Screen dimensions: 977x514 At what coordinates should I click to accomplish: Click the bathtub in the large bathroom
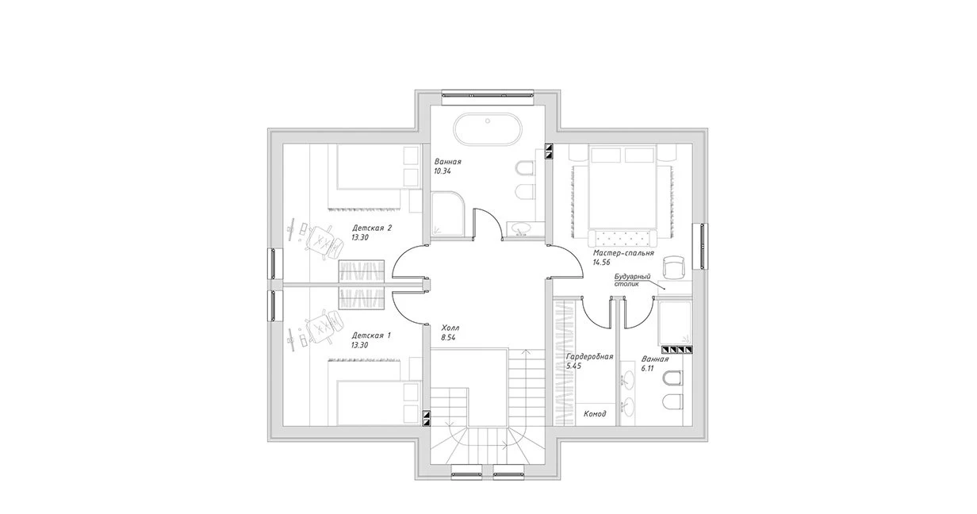point(487,129)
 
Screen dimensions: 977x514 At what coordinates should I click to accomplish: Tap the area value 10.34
point(443,171)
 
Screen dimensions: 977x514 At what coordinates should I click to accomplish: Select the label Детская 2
point(372,228)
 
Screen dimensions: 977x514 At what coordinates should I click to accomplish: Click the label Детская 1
point(372,336)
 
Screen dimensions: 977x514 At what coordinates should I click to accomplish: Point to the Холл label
point(450,328)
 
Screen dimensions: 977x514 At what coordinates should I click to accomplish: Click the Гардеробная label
point(589,356)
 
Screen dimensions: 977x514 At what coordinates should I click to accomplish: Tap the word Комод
point(595,413)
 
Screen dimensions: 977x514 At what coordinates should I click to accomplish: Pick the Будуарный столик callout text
point(633,280)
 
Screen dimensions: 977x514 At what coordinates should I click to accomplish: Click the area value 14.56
point(601,263)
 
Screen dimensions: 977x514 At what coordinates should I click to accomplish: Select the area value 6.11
point(648,369)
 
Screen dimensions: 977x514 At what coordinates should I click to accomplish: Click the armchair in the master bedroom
point(673,267)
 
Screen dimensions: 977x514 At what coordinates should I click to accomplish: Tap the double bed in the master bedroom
point(623,188)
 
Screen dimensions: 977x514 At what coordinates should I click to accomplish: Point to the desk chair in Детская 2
point(322,242)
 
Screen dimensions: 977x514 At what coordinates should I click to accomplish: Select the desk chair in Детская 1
point(322,326)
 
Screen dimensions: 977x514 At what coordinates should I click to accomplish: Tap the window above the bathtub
point(487,94)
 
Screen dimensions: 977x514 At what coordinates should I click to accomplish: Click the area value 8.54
point(448,338)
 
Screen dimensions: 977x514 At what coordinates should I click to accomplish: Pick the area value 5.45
point(573,366)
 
